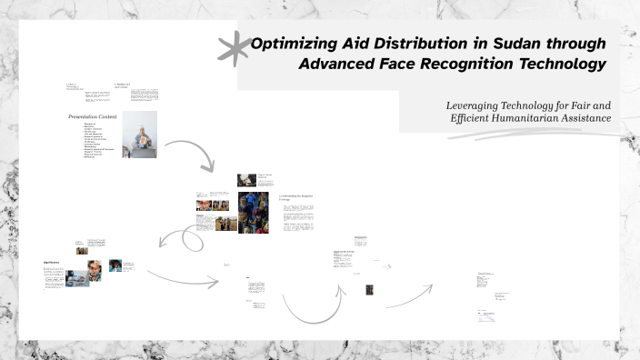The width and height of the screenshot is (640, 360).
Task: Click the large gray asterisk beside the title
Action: coord(235,49)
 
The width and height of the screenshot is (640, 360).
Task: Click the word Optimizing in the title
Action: coord(290,44)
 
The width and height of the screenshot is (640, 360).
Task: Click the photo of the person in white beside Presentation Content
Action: coord(139,135)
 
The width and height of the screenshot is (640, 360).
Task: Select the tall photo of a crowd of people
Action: coord(253,212)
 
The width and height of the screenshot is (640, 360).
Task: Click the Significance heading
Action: coord(51,262)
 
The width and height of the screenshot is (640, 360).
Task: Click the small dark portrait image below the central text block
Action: coord(370,290)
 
